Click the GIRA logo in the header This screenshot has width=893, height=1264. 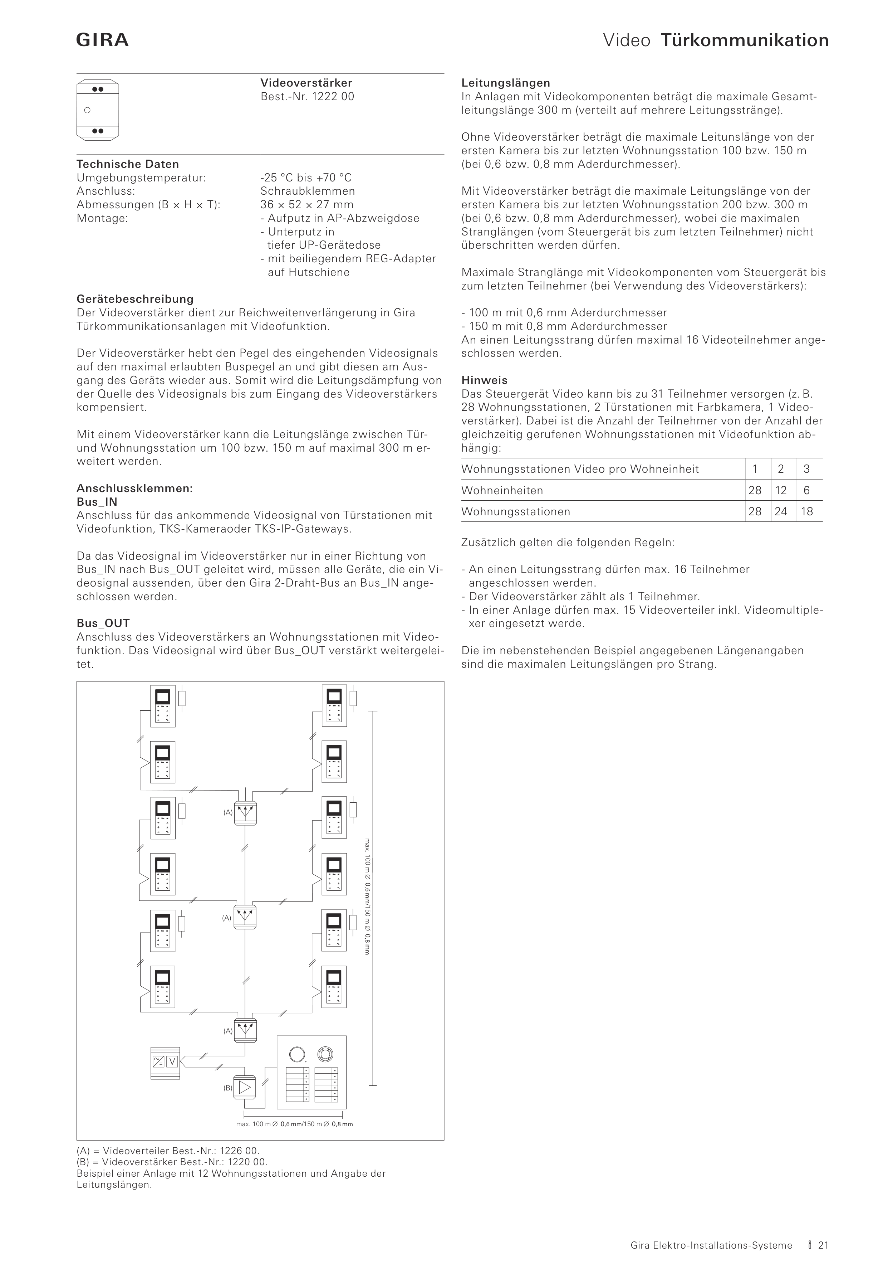click(x=102, y=40)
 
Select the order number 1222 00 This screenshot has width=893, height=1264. click(x=333, y=96)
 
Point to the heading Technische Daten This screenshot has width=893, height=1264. click(x=128, y=164)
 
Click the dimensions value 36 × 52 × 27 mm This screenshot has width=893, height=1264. click(x=307, y=204)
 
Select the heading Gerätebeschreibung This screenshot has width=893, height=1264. click(x=135, y=299)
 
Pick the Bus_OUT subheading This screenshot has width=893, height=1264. click(x=103, y=623)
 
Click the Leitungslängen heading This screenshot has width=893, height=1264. click(x=506, y=83)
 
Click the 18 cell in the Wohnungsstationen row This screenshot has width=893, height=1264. click(x=806, y=511)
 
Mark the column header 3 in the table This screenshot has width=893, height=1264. click(x=806, y=469)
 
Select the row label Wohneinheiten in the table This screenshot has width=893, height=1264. click(x=502, y=490)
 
